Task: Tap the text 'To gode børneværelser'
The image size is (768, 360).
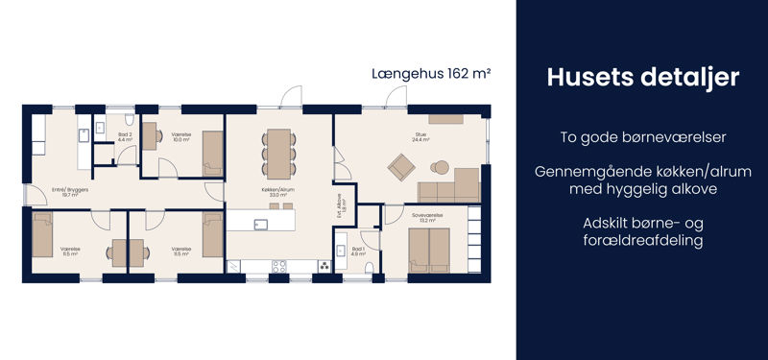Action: pos(642,137)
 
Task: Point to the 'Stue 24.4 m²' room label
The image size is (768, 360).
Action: pos(420,137)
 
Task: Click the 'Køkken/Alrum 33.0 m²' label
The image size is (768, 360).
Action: pos(278,192)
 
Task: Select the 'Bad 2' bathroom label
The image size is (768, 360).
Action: pos(125,137)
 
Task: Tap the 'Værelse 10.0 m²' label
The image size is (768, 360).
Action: pos(180,137)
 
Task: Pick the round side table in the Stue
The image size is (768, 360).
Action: pos(441,163)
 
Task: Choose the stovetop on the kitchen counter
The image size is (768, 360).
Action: pos(278,266)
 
